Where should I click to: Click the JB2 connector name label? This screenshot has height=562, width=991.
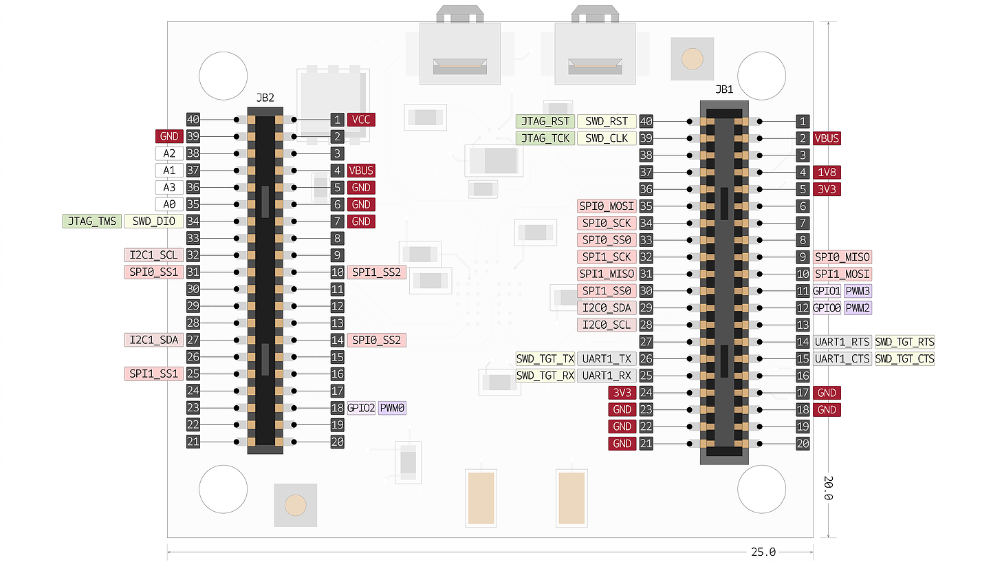[x=265, y=98]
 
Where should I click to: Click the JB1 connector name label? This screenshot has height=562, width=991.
[x=724, y=89]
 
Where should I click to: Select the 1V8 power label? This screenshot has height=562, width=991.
[x=827, y=172]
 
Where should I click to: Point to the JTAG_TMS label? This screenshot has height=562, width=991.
[x=92, y=221]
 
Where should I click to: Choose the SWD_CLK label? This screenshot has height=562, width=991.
[x=607, y=138]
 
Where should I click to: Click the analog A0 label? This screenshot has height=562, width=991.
[x=169, y=204]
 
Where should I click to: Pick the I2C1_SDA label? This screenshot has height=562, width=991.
[x=153, y=340]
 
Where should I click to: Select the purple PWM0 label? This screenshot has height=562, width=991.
[x=393, y=408]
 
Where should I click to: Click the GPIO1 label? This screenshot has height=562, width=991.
[x=827, y=291]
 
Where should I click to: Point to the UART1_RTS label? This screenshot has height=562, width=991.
[x=842, y=342]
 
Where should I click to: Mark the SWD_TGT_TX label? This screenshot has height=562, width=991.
[x=545, y=358]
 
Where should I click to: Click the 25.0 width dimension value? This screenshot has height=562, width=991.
[x=763, y=552]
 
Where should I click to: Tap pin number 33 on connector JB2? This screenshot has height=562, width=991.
[x=193, y=239]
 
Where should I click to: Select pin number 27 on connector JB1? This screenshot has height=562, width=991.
[x=646, y=342]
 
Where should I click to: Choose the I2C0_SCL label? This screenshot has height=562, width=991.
[x=606, y=325]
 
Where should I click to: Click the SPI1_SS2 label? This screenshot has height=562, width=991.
[x=377, y=272]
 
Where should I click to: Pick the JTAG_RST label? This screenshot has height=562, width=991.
[x=545, y=121]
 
